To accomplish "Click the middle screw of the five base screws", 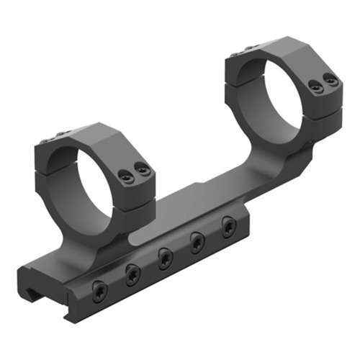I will pyautogui.click(x=166, y=256).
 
